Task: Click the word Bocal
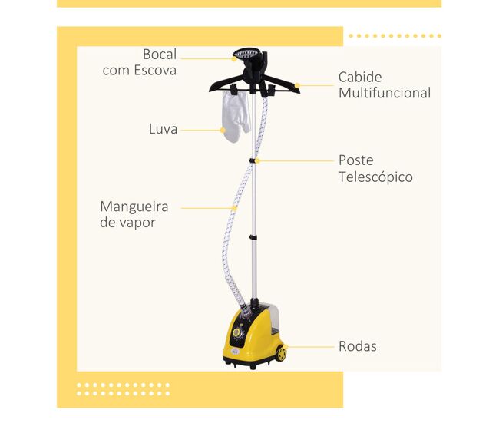point(160,54)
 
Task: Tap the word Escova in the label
point(155,71)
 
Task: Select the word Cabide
point(360,77)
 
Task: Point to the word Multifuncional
point(385,93)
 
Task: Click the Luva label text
point(163,129)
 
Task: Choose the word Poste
point(355,160)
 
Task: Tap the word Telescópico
point(375,177)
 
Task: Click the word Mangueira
point(134,207)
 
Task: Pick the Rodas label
point(358,346)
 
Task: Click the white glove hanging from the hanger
point(236,116)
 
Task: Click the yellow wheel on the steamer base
point(281,353)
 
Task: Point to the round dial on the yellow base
point(236,332)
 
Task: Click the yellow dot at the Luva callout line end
point(223,131)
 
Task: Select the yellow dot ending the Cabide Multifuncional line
point(297,85)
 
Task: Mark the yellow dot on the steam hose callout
point(234,208)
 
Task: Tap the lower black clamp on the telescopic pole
point(253,237)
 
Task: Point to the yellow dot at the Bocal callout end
point(234,59)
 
